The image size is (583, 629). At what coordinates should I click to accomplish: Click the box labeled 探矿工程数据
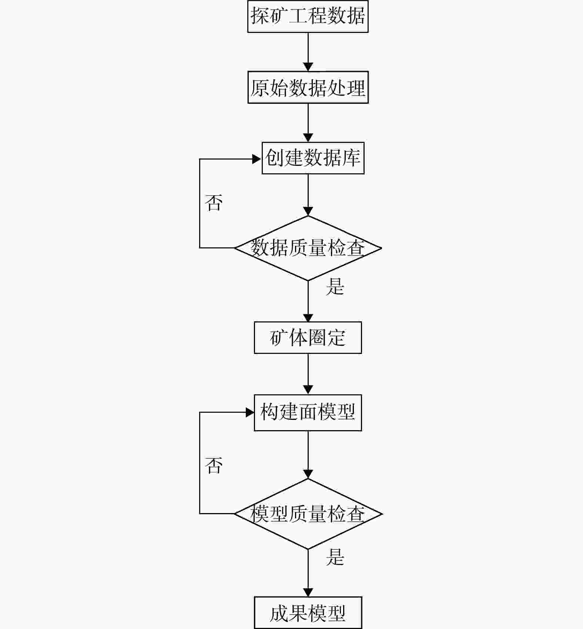click(x=308, y=16)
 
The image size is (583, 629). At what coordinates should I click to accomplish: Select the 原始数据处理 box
click(x=308, y=87)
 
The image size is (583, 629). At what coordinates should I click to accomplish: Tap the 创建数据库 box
click(x=313, y=158)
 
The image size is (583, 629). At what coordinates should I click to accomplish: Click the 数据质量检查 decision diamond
click(x=308, y=248)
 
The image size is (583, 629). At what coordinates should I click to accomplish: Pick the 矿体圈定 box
click(x=308, y=338)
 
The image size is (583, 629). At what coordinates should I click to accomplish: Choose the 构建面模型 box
click(x=308, y=412)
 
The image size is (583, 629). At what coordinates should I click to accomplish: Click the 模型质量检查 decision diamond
click(x=308, y=514)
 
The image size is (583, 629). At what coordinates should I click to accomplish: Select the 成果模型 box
click(x=308, y=613)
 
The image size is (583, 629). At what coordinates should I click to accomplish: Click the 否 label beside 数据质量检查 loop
click(x=214, y=203)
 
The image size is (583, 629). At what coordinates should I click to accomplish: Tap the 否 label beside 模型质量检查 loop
click(x=214, y=465)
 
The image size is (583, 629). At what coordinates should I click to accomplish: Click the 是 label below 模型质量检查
click(x=335, y=557)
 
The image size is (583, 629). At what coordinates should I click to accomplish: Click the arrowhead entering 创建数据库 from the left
click(x=257, y=159)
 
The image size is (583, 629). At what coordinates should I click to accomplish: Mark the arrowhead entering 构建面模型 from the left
click(x=250, y=412)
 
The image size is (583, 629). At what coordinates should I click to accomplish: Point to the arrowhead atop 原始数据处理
click(x=308, y=67)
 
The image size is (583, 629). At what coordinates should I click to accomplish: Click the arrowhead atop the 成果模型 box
click(x=308, y=592)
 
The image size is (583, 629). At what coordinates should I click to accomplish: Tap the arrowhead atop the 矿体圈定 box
click(x=308, y=318)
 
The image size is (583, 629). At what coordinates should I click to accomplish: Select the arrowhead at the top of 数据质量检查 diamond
click(x=308, y=211)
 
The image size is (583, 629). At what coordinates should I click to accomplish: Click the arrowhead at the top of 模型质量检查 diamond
click(x=308, y=474)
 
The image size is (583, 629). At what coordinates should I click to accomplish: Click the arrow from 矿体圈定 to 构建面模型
click(x=308, y=374)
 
